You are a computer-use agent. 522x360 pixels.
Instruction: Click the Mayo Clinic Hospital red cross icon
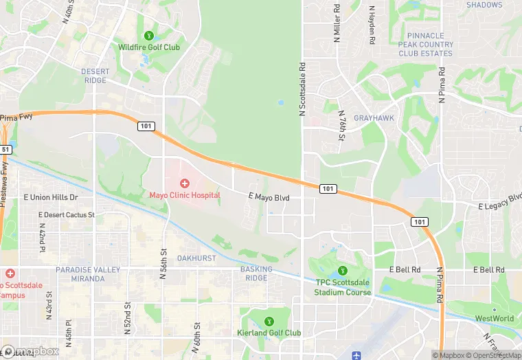[185, 183]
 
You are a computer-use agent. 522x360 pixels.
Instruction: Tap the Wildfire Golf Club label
[149, 47]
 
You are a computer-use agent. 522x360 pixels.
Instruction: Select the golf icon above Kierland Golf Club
[269, 321]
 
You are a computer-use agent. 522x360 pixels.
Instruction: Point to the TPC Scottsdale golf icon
[343, 270]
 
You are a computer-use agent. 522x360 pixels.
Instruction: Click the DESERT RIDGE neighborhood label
[95, 76]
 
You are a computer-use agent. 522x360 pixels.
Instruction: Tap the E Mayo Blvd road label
[269, 198]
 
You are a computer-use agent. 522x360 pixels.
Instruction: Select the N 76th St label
[341, 126]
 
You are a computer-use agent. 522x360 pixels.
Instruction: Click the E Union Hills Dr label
[51, 198]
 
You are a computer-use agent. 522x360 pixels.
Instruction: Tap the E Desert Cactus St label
[67, 215]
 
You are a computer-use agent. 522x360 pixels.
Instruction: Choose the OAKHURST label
[196, 259]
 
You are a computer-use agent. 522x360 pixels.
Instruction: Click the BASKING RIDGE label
[256, 273]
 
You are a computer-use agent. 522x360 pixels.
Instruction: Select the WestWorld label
[494, 319]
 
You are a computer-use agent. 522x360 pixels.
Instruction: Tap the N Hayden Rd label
[372, 25]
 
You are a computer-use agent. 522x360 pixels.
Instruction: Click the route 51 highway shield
[5, 149]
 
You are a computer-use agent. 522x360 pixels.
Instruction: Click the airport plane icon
[355, 355]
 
